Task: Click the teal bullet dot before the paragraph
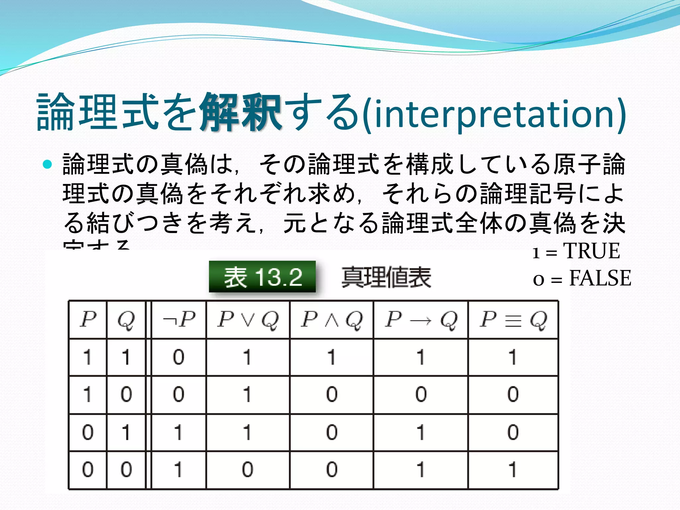pos(48,164)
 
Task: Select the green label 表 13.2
pos(262,277)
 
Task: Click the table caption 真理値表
pos(386,278)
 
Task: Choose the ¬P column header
pos(179,320)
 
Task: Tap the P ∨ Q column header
pos(248,320)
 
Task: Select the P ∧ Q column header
pos(331,320)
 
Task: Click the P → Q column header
pos(421,320)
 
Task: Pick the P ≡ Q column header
pos(513,320)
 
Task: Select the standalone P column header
pos(88,319)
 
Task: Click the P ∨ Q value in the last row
pos(247,470)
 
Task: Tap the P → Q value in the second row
pos(421,394)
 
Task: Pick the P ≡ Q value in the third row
pos(513,432)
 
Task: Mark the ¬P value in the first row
pos(179,357)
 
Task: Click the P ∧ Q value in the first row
pos(331,357)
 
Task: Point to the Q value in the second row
pos(126,394)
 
